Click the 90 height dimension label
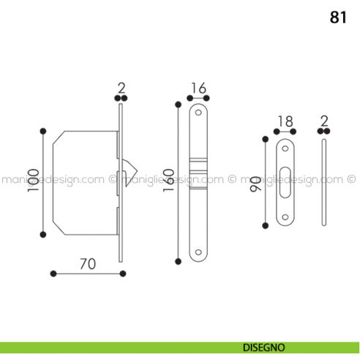254,183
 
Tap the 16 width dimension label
198,89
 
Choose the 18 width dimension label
285,121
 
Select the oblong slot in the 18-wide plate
285,181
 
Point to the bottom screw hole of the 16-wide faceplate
197,254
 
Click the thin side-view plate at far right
324,183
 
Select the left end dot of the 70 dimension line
53,274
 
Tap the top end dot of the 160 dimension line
177,105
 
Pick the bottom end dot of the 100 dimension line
44,234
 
